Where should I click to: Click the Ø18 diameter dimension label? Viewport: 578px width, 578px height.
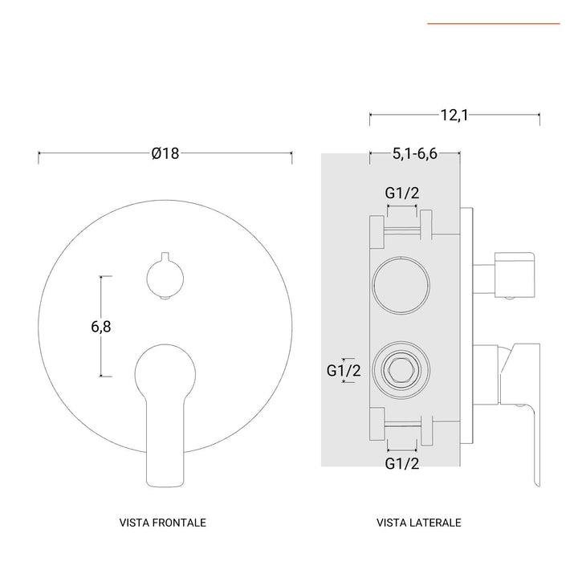tap(165, 154)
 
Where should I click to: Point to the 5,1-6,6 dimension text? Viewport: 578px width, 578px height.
tap(415, 154)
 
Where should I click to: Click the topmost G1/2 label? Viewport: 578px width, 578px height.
tap(401, 193)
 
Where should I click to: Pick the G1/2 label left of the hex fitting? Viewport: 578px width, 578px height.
tap(343, 370)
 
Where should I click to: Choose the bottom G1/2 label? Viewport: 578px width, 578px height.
tap(401, 463)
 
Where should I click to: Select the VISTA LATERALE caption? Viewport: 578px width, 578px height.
tap(418, 523)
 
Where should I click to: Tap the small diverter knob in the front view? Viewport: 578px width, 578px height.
tap(165, 277)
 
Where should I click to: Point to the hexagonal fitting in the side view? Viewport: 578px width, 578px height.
tap(401, 370)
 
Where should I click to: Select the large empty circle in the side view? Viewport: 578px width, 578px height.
tap(401, 286)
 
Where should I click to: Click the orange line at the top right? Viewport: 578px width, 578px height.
tap(493, 24)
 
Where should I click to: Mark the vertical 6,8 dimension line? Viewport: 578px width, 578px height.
tap(101, 326)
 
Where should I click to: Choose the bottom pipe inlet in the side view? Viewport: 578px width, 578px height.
tap(401, 426)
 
